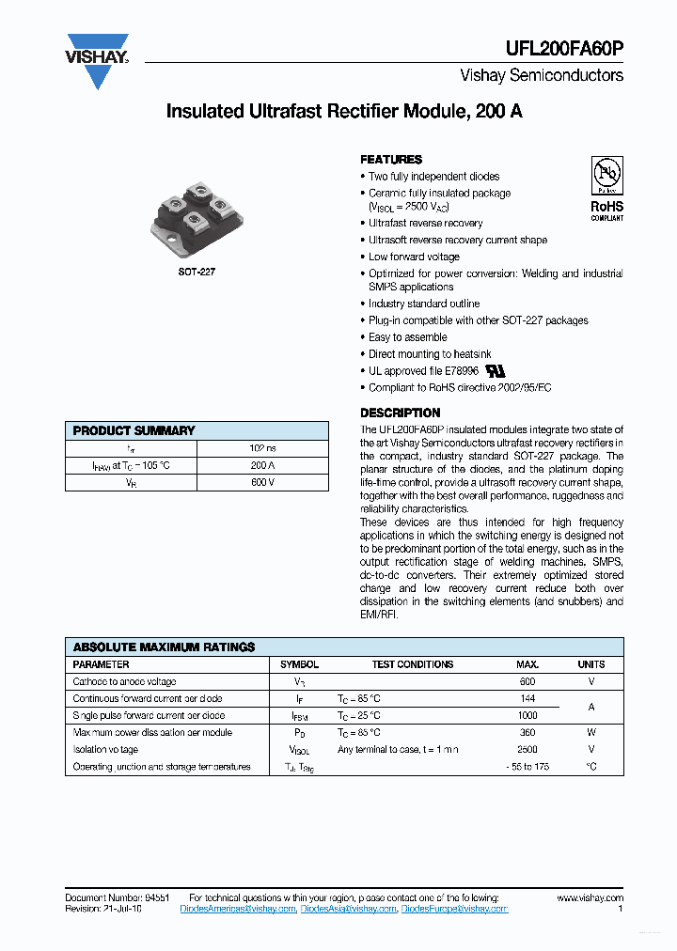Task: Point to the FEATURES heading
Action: pos(391,160)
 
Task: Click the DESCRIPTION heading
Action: pos(401,413)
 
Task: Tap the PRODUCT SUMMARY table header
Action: pos(134,430)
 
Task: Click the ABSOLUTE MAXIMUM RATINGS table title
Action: pos(165,647)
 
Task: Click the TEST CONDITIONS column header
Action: pos(412,664)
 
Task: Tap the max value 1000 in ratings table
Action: pos(527,715)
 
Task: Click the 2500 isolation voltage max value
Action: pos(527,749)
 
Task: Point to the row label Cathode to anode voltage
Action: pos(124,681)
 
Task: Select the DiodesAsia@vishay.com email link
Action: pos(348,909)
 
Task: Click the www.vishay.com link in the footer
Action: pos(590,898)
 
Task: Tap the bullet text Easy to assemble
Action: pos(408,337)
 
